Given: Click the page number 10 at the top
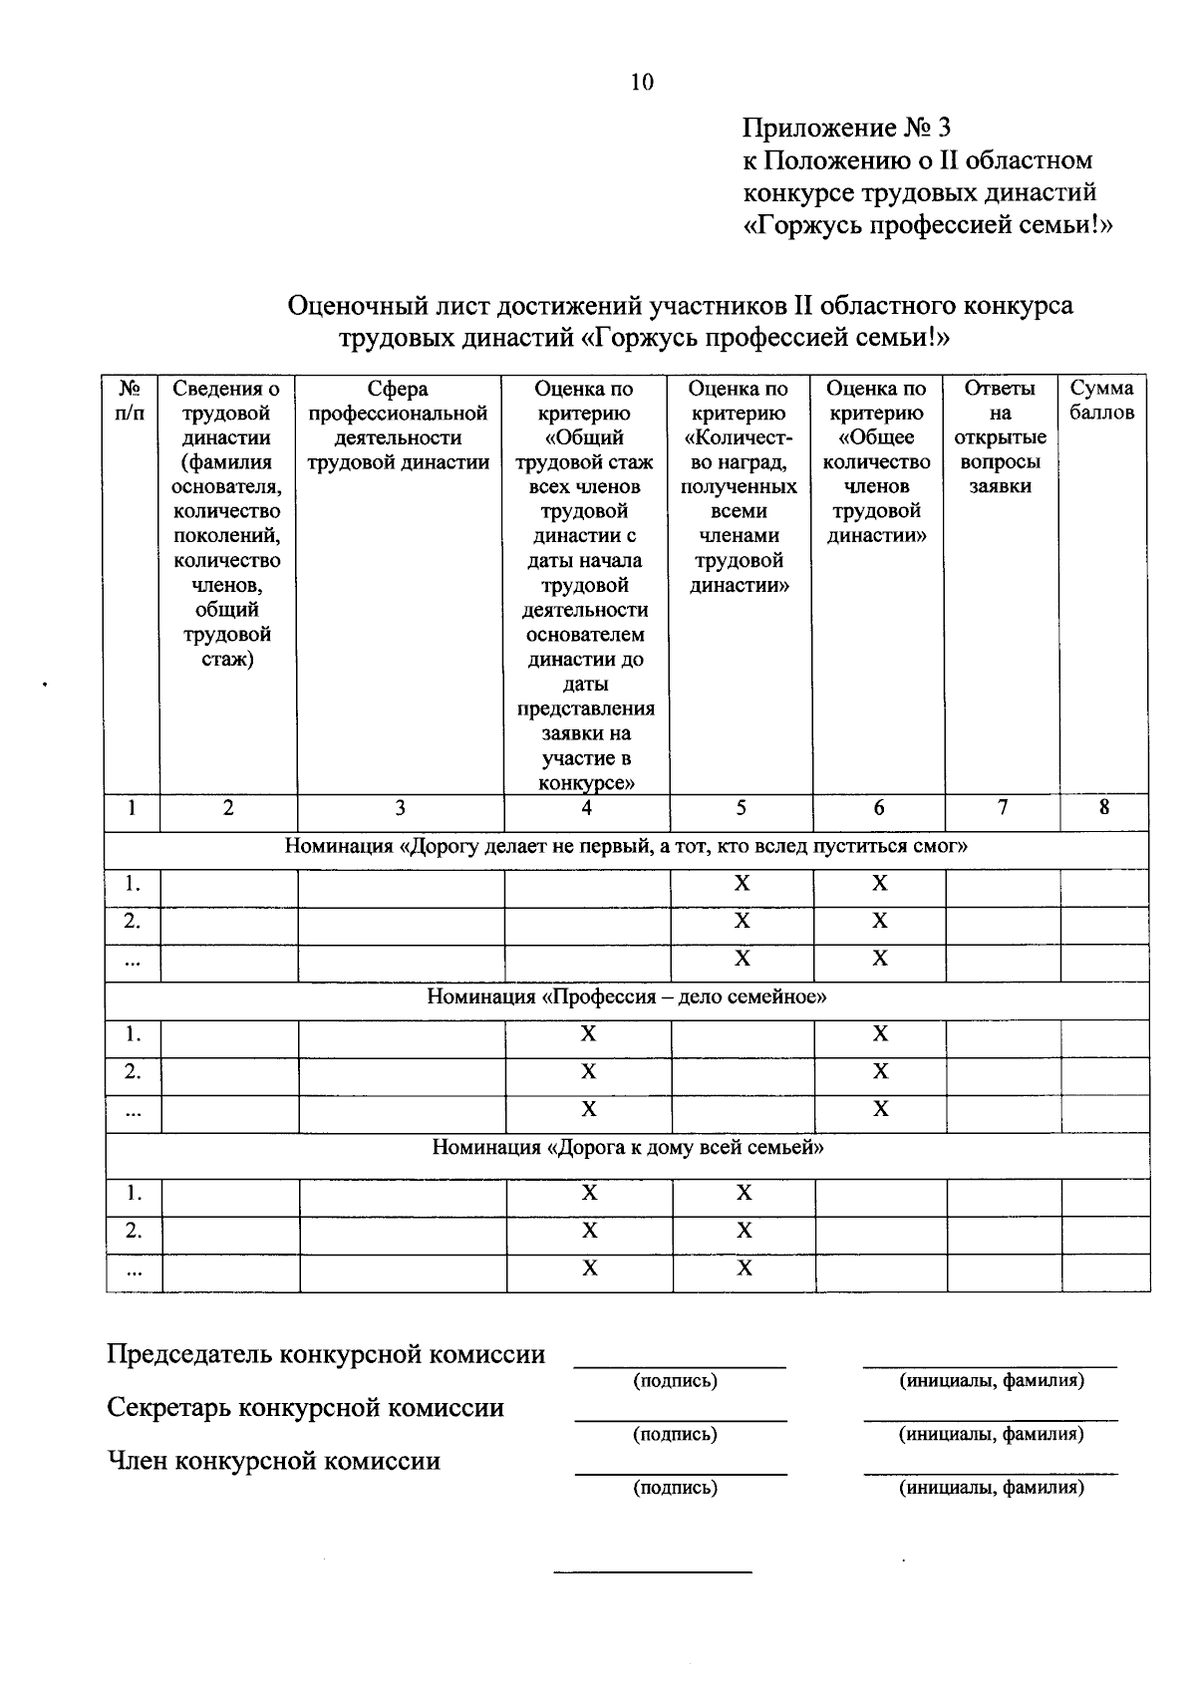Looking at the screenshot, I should coord(642,83).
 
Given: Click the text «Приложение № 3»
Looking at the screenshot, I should coord(846,129).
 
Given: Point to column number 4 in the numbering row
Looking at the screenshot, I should coord(587,809).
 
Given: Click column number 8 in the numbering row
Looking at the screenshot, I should coord(1104,808).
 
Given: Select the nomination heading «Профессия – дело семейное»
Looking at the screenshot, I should coord(627,996).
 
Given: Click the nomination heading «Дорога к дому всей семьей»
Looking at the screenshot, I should coord(628,1147).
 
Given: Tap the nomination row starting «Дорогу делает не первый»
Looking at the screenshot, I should coord(627,847).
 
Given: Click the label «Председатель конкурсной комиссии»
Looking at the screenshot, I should coord(326,1354).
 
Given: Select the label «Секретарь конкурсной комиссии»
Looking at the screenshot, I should coord(305,1408).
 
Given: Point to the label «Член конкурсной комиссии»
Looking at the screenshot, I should coord(273,1462).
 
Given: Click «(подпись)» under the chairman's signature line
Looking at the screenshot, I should coord(675,1381).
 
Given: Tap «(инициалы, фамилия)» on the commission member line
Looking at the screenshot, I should coord(991,1488).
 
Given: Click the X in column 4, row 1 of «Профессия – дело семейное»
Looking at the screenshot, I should coord(588,1034).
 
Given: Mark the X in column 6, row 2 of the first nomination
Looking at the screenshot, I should coord(879,922).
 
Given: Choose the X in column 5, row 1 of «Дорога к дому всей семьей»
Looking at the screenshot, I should coord(744,1193).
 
